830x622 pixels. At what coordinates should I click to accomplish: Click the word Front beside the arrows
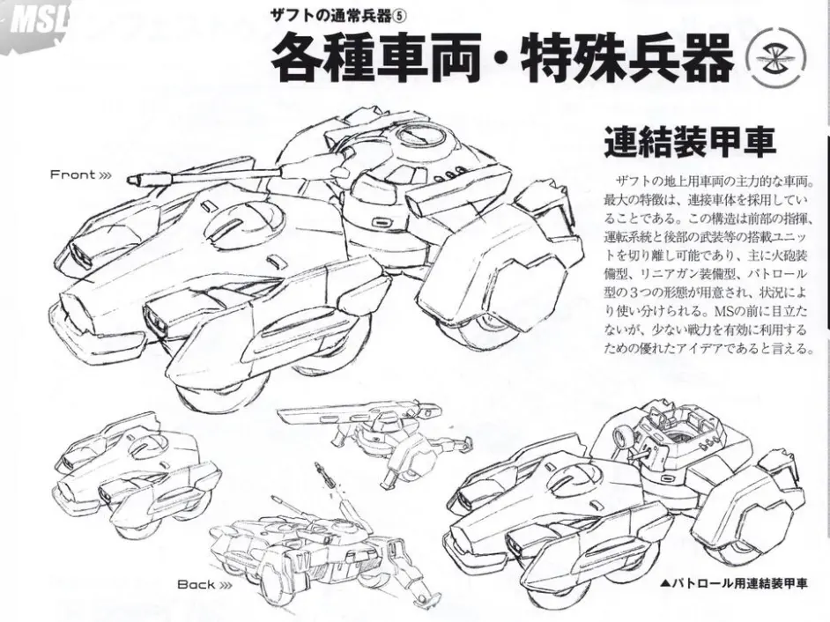[x=73, y=174]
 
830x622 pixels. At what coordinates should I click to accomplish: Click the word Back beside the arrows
[x=196, y=584]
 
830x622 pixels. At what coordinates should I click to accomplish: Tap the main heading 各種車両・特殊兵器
[x=502, y=57]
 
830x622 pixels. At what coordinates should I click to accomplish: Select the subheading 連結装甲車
[x=690, y=141]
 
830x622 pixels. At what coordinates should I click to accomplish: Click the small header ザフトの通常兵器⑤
[x=339, y=17]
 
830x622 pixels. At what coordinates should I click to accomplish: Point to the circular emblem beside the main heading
[x=775, y=59]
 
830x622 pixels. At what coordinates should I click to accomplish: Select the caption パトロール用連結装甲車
[x=734, y=584]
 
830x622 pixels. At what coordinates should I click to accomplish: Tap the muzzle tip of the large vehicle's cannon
[x=130, y=181]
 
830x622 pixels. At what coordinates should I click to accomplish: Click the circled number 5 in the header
[x=400, y=17]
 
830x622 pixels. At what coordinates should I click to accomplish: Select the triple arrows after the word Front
[x=106, y=175]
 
